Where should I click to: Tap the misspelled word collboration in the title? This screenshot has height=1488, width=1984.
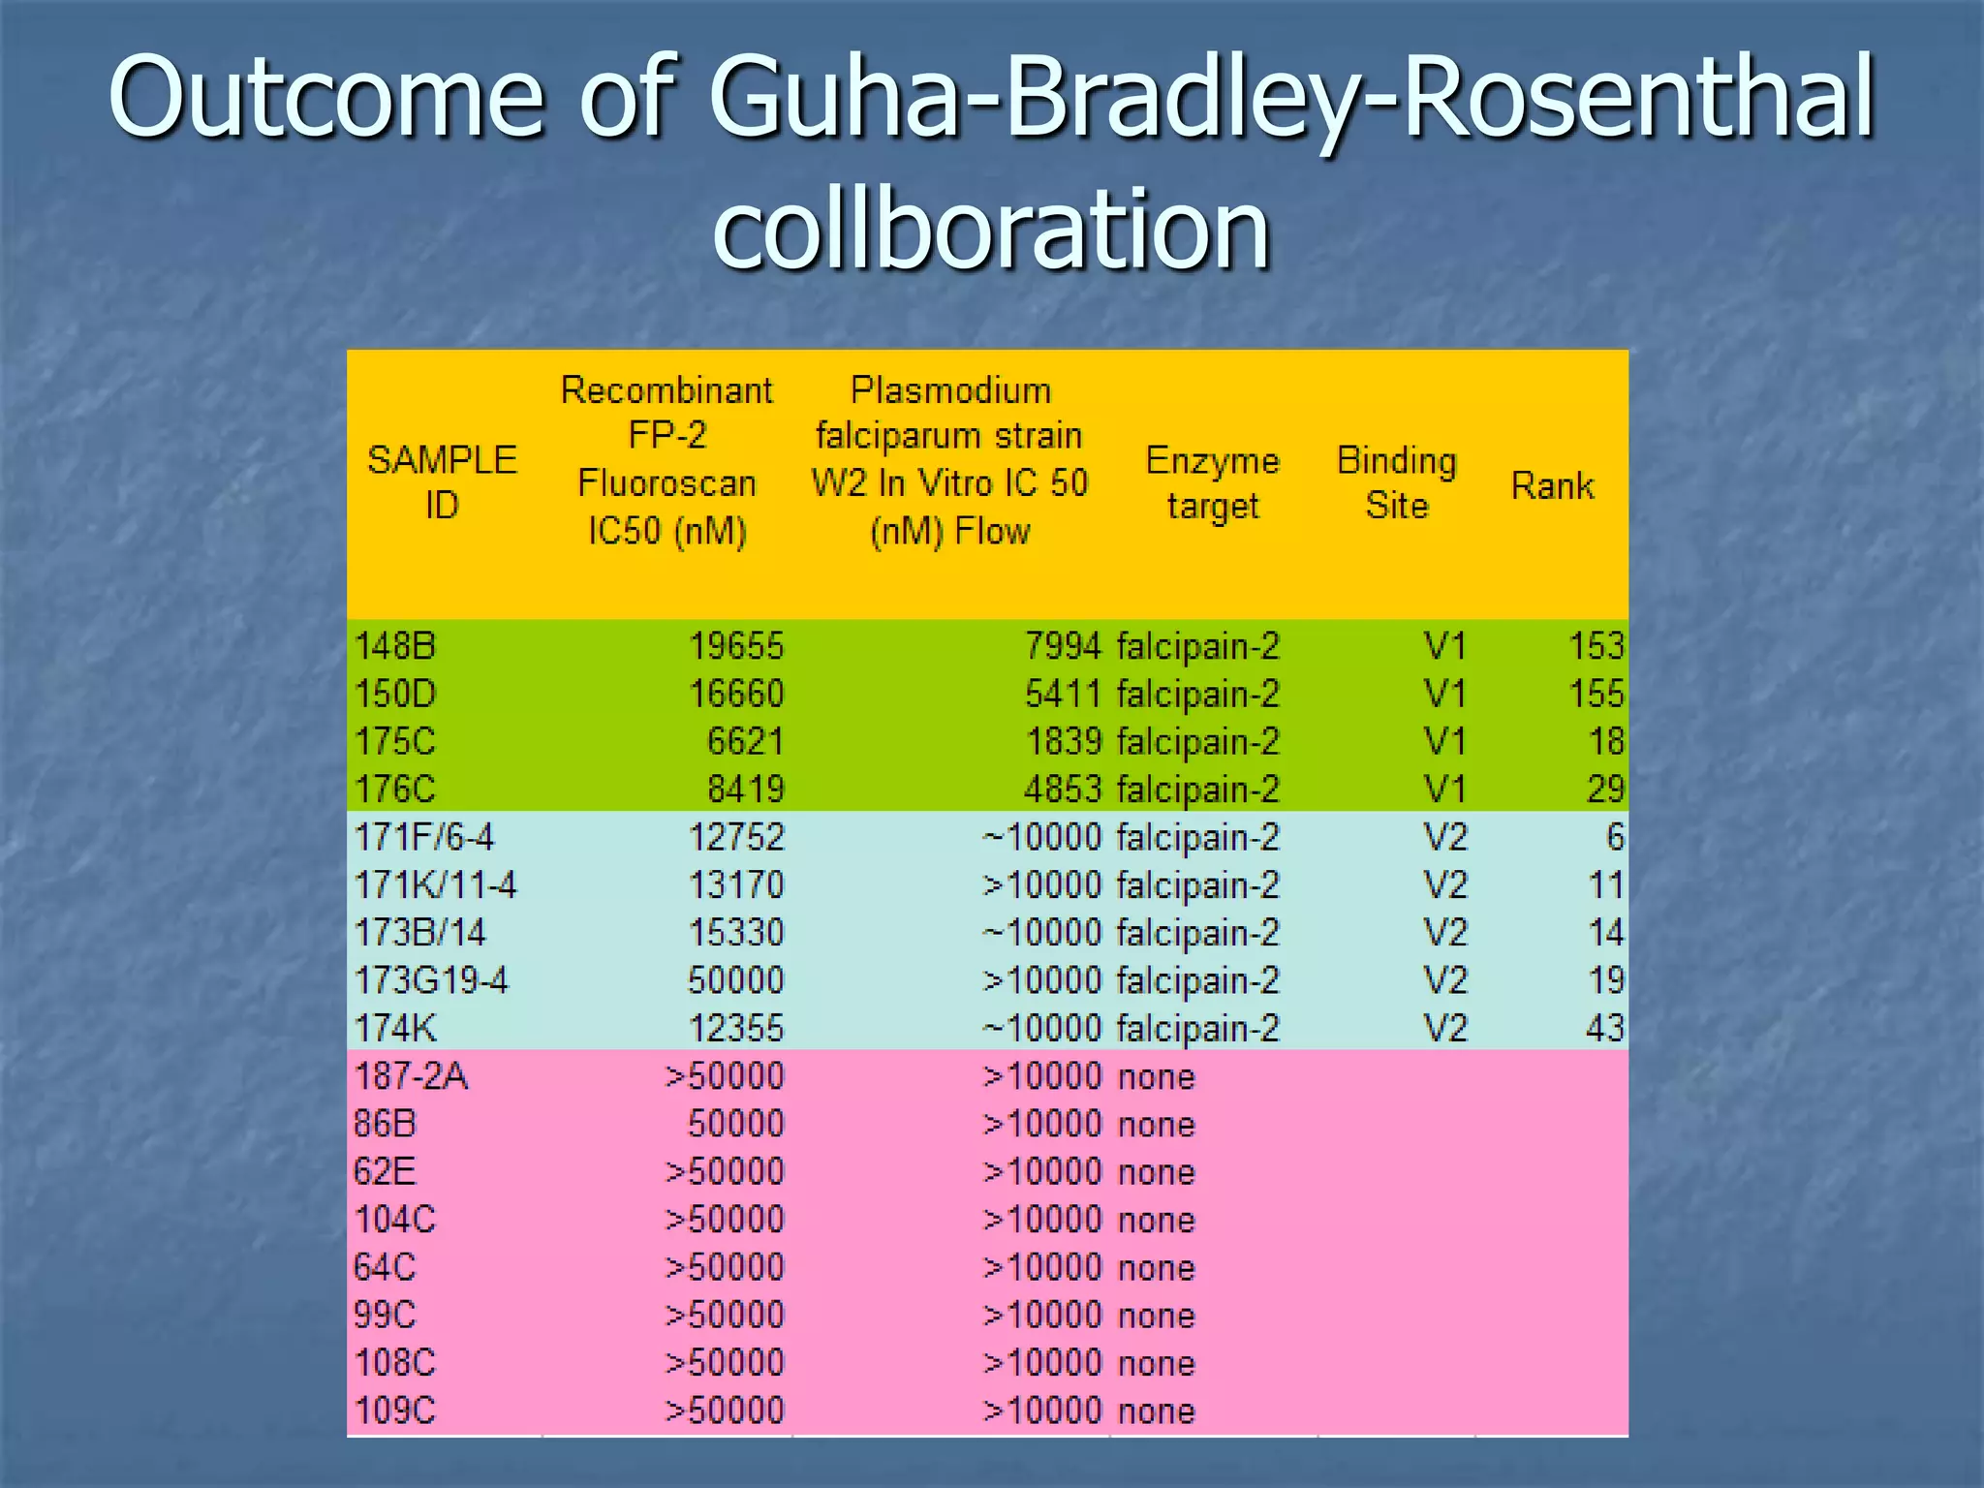pos(991,230)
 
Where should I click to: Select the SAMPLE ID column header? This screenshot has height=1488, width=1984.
pos(442,482)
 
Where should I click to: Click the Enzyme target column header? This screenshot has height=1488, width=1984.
pos(1212,482)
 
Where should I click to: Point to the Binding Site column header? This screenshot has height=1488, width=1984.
pos(1396,482)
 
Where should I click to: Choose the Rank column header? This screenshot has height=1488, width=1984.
pos(1552,485)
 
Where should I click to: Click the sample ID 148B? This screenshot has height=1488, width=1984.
pos(395,646)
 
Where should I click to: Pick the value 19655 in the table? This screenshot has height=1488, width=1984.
pos(735,646)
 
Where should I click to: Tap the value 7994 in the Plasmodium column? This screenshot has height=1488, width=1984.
pos(1063,646)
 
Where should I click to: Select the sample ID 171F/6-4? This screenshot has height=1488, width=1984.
pos(424,837)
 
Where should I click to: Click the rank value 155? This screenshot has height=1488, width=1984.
pos(1596,694)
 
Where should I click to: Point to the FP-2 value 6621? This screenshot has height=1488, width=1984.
pos(744,742)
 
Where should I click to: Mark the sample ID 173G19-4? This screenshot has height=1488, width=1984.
pos(431,980)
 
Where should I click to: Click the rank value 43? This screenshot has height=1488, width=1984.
pos(1604,1028)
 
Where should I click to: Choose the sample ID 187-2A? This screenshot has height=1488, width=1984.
pos(411,1076)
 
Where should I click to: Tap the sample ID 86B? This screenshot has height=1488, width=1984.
pos(385,1124)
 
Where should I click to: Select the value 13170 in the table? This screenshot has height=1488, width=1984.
pos(735,885)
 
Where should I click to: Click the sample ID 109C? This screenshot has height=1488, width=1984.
pos(395,1410)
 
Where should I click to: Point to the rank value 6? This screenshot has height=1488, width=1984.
pos(1615,837)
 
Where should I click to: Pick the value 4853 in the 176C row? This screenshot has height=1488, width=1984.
pos(1063,790)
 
